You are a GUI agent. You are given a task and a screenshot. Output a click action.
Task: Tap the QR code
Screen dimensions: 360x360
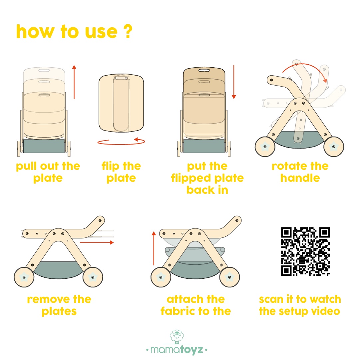(x=305, y=251)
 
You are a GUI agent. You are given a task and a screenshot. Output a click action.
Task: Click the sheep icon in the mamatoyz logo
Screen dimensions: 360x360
(x=177, y=337)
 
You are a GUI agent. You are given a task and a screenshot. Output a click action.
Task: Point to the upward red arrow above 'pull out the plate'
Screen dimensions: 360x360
(x=74, y=82)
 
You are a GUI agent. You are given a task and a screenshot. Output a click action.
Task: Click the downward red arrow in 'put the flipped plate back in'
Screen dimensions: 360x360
(x=234, y=82)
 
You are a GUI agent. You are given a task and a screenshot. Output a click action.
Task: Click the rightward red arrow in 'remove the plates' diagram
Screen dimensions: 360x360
(x=97, y=242)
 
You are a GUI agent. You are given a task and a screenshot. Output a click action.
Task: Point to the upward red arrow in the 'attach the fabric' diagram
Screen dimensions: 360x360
(x=154, y=248)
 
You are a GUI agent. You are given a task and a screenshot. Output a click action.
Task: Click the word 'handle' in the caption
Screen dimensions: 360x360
(x=300, y=178)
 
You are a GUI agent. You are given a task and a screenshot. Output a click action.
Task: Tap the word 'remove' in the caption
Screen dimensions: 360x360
(x=48, y=300)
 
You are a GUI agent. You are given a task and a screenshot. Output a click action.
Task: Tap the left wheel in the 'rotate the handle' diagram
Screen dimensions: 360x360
(x=265, y=147)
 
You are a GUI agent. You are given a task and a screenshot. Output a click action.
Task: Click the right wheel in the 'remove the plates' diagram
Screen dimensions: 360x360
(x=93, y=277)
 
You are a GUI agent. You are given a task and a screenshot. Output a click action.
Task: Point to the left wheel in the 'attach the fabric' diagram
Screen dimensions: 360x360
(x=161, y=277)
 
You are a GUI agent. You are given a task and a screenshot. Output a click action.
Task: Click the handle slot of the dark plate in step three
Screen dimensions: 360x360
(x=204, y=70)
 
